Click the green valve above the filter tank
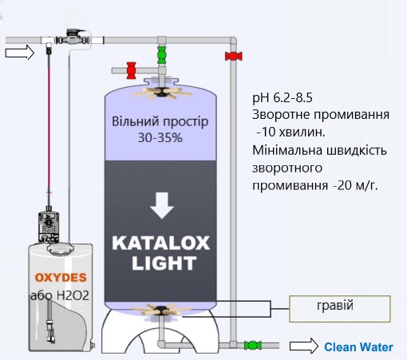pyautogui.click(x=161, y=55)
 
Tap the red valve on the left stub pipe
pyautogui.click(x=131, y=70)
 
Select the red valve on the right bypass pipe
pyautogui.click(x=234, y=56)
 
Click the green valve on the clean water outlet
pyautogui.click(x=253, y=346)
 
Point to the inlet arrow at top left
pyautogui.click(x=20, y=52)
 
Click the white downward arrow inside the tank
pyautogui.click(x=162, y=205)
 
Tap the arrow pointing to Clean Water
pyautogui.click(x=304, y=346)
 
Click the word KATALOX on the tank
pyautogui.click(x=161, y=243)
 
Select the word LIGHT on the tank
pyautogui.click(x=164, y=263)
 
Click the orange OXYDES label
pyautogui.click(x=61, y=278)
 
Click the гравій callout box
pyautogui.click(x=340, y=309)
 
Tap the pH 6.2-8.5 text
pyautogui.click(x=283, y=97)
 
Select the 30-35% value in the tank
pyautogui.click(x=160, y=138)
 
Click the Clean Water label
pyautogui.click(x=358, y=347)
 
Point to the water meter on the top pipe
pyautogui.click(x=73, y=38)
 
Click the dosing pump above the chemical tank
pyautogui.click(x=49, y=226)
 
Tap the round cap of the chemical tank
pyautogui.click(x=61, y=249)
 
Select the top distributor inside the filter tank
pyautogui.click(x=161, y=93)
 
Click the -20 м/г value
pyautogui.click(x=355, y=185)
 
